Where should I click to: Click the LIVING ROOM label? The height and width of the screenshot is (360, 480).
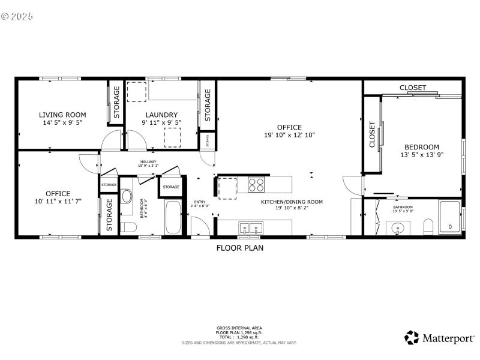click(x=62, y=115)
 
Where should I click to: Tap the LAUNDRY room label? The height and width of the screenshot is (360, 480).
click(x=161, y=115)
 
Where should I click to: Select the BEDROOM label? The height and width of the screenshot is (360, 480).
click(x=421, y=147)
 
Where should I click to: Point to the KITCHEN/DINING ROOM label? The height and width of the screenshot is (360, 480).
click(x=292, y=202)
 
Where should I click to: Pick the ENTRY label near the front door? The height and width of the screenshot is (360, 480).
click(x=200, y=202)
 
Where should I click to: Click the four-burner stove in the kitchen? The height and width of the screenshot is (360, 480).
click(x=256, y=184)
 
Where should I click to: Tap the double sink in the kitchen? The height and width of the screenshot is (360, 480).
click(x=250, y=227)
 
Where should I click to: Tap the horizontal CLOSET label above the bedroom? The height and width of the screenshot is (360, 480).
click(x=413, y=88)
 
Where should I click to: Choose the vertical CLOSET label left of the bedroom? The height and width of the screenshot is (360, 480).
click(x=372, y=134)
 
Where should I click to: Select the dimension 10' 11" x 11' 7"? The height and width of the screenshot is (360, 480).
click(x=58, y=202)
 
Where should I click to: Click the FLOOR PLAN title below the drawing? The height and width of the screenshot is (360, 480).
click(x=240, y=247)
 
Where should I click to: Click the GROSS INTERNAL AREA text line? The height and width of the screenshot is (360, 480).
click(x=239, y=328)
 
